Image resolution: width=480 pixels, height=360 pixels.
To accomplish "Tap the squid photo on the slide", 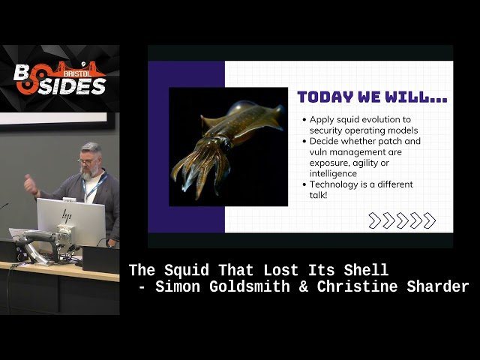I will [x=228, y=147].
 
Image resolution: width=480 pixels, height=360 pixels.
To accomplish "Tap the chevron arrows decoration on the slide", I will [x=401, y=220].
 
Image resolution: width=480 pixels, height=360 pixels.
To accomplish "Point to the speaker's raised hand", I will [x=30, y=183].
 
